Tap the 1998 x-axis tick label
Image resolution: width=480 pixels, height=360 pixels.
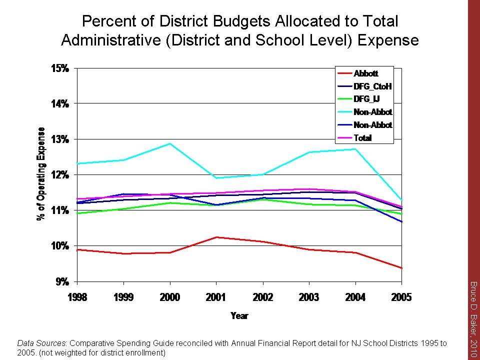77,298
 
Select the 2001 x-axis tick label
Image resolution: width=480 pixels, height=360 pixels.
216,298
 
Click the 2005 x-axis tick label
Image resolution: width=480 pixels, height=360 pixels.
401,298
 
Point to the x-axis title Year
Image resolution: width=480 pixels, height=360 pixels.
239,315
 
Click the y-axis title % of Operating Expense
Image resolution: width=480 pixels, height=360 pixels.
41,174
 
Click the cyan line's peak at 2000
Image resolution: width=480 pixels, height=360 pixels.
170,143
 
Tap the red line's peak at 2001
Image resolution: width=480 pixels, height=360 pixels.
216,237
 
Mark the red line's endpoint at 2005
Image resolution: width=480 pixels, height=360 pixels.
401,268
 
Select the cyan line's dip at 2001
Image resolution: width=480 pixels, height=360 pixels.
216,178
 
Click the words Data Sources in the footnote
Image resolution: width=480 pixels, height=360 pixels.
42,343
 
